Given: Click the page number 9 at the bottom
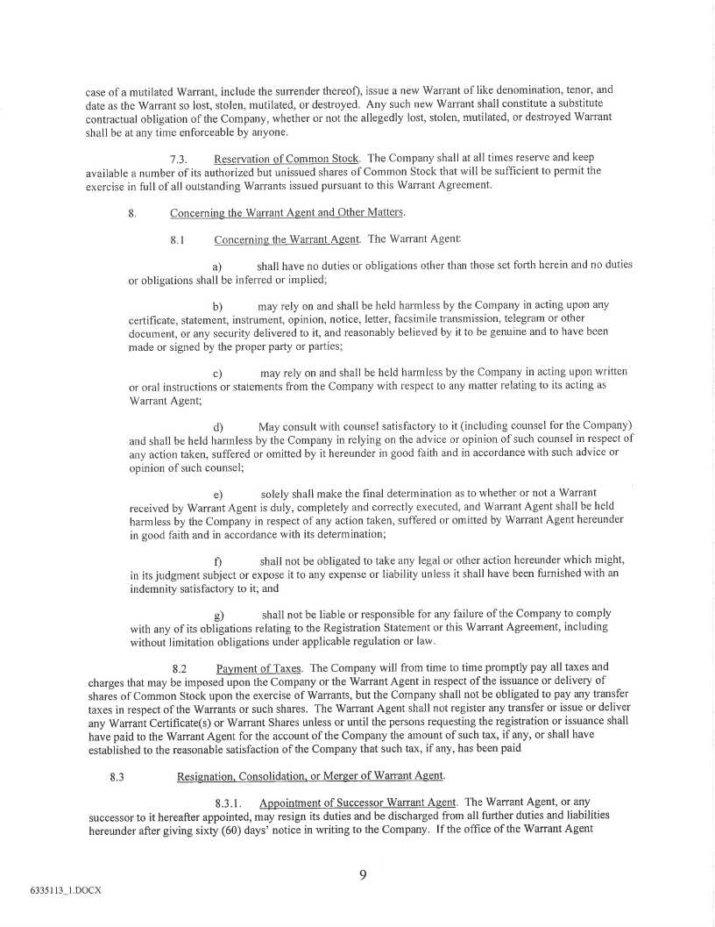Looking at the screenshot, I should (362, 873).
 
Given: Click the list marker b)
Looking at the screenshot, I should (218, 306).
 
